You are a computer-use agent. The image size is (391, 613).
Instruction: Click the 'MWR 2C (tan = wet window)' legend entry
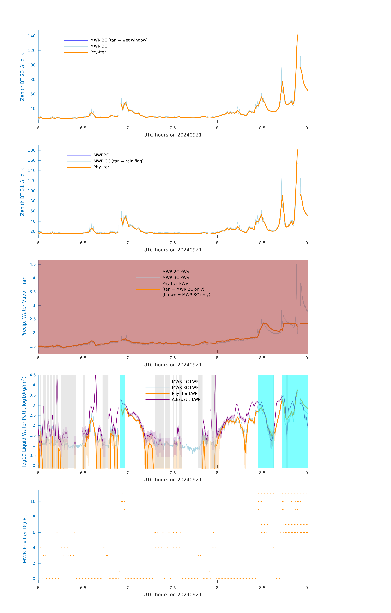119,40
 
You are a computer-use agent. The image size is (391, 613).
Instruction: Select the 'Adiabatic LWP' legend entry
186,399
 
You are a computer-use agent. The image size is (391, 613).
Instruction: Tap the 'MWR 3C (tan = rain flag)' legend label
118,161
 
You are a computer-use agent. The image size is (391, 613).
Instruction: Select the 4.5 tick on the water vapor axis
33,265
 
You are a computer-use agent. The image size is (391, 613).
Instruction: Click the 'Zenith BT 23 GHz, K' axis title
22,77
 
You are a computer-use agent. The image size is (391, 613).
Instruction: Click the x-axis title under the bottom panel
172,595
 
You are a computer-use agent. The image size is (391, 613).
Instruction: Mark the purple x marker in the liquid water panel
75,443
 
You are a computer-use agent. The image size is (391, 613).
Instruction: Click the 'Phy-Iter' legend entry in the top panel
98,52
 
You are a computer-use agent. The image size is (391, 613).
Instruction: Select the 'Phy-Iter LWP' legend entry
184,394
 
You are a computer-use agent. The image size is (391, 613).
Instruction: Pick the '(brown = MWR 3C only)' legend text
186,295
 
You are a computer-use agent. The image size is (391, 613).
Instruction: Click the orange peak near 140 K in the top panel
297,35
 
